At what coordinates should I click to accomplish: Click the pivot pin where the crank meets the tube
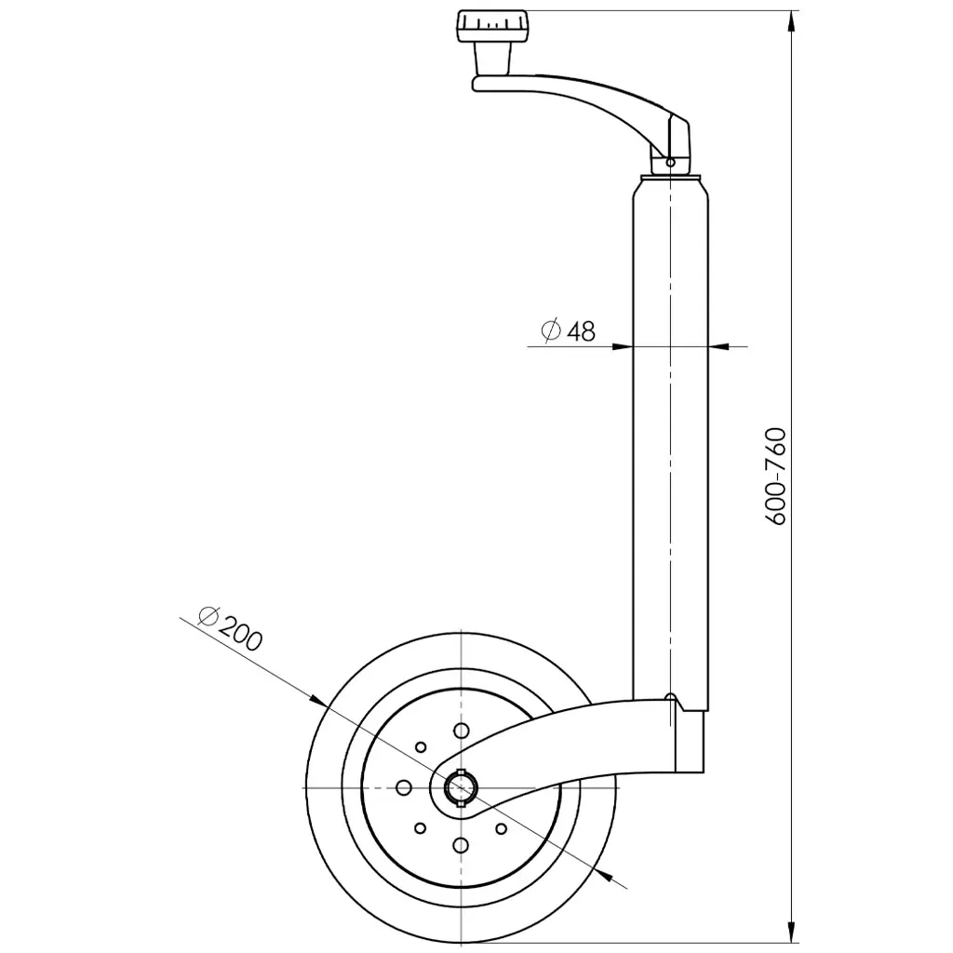(x=670, y=162)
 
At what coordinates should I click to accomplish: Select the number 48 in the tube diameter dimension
(x=582, y=331)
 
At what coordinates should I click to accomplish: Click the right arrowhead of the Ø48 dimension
(x=718, y=346)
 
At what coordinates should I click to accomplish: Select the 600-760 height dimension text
(x=778, y=477)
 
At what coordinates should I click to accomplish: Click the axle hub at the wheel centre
(x=460, y=787)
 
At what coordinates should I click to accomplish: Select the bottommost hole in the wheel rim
(x=460, y=844)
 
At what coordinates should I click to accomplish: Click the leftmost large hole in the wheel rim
(x=403, y=787)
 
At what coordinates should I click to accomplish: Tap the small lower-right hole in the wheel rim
(x=500, y=827)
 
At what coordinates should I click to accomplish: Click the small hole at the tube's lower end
(x=670, y=696)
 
